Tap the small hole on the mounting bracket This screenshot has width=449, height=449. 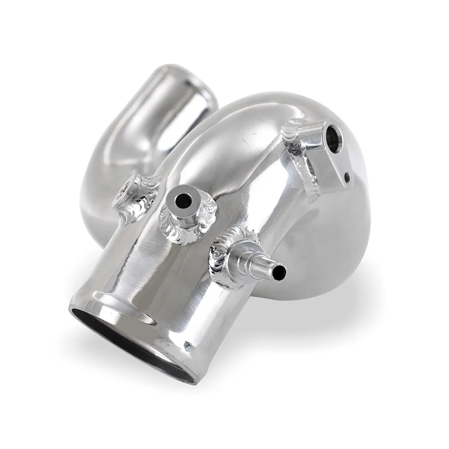tap(347, 179)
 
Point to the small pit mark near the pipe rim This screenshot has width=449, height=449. tap(188, 345)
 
